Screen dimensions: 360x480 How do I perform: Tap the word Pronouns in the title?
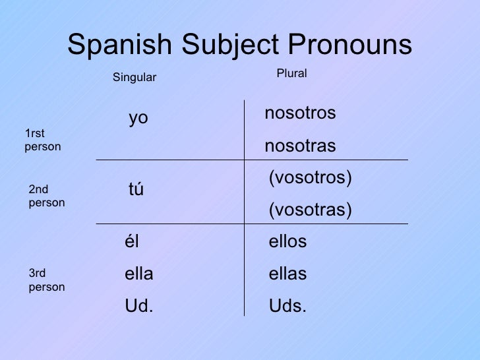pos(349,45)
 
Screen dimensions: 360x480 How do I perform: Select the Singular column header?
pos(135,78)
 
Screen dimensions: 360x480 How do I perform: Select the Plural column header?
pos(291,74)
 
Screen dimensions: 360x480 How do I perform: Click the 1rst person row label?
pos(42,140)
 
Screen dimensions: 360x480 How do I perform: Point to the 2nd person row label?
pos(46,196)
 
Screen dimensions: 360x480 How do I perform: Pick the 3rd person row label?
pos(46,280)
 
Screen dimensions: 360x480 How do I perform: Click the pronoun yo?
pos(138,119)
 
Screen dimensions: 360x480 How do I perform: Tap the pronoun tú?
pos(136,190)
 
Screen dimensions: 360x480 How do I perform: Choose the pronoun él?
pos(131,242)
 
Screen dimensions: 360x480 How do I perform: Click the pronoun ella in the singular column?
pos(138,274)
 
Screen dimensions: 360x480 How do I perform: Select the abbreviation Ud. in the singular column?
pos(138,307)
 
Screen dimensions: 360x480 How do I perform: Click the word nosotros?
pos(300,113)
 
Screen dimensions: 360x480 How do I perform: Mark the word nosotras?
pos(300,146)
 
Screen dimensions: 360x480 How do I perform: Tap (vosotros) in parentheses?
pos(310,178)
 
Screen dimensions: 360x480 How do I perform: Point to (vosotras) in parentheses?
pos(310,210)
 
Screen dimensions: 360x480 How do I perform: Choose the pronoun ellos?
pos(287,242)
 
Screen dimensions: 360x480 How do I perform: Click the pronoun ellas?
pos(287,274)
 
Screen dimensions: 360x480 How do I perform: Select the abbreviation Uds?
pos(287,307)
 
